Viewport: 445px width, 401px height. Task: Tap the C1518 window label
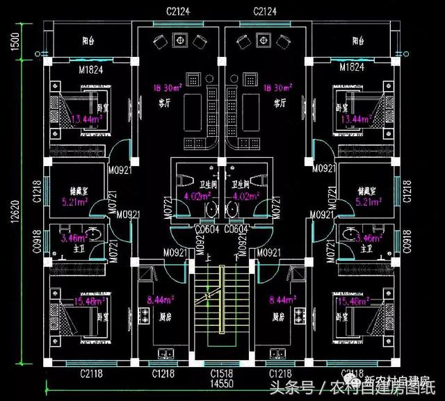(222, 374)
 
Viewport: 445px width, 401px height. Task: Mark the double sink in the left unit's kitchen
(167, 351)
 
